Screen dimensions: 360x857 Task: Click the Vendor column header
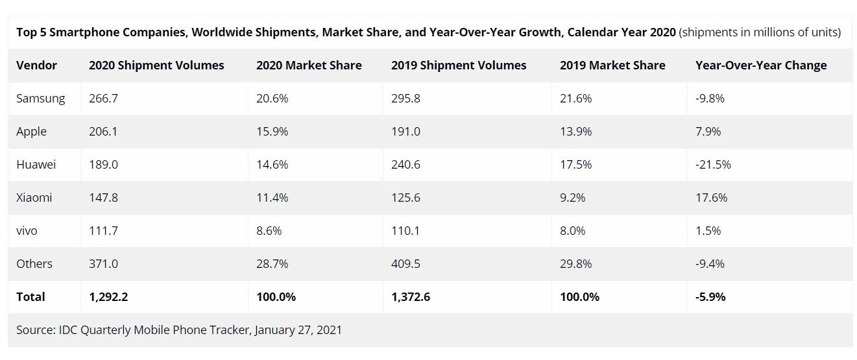36,66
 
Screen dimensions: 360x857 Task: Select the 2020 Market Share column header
309,66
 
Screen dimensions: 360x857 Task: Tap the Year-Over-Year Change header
761,66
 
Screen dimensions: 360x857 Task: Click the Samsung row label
41,99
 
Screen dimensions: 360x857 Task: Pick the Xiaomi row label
34,198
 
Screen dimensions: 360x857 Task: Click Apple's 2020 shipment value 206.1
103,132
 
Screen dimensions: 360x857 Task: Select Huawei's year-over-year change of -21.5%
713,165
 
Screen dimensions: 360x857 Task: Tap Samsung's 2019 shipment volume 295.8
406,99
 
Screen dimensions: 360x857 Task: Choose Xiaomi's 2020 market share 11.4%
272,198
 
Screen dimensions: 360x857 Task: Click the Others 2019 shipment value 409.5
406,264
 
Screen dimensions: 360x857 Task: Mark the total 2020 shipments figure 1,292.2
109,297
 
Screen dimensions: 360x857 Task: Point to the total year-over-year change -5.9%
710,297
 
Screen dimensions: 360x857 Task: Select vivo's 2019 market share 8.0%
572,231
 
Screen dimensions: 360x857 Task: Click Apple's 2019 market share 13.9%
575,132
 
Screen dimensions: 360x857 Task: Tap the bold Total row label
30,297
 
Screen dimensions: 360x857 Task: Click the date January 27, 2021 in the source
298,330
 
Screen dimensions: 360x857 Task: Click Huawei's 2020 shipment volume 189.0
103,165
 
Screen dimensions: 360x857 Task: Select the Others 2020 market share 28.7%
272,264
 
